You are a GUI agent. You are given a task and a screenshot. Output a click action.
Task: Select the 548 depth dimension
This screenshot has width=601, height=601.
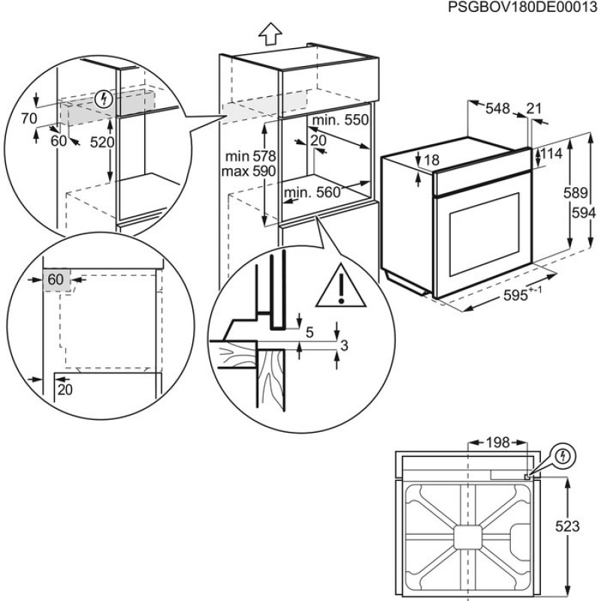click(x=497, y=109)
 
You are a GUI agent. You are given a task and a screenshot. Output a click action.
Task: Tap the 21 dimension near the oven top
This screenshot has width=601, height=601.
click(x=534, y=109)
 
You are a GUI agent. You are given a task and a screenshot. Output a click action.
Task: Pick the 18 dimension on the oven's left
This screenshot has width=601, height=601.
click(x=430, y=160)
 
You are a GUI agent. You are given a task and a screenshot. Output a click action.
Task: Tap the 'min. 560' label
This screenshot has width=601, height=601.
click(x=312, y=193)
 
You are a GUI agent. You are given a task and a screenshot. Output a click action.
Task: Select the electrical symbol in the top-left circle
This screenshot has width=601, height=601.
click(x=104, y=98)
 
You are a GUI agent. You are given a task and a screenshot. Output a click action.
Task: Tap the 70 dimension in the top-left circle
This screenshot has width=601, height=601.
click(x=29, y=117)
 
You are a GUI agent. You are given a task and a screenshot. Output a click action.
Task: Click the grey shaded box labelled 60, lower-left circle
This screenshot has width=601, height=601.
click(x=56, y=279)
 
